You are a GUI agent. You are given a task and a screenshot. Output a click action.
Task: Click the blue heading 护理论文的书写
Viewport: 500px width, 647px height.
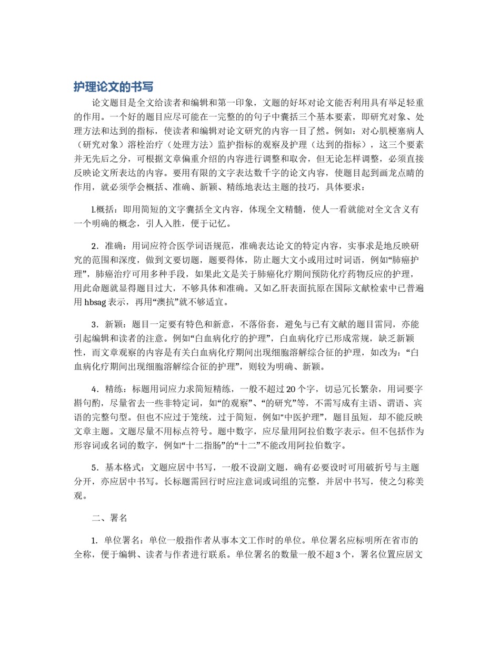coord(113,87)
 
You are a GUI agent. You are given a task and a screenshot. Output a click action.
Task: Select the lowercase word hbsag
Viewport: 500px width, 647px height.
coord(95,303)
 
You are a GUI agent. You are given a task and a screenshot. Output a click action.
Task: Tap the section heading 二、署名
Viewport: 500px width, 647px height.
coord(109,517)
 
